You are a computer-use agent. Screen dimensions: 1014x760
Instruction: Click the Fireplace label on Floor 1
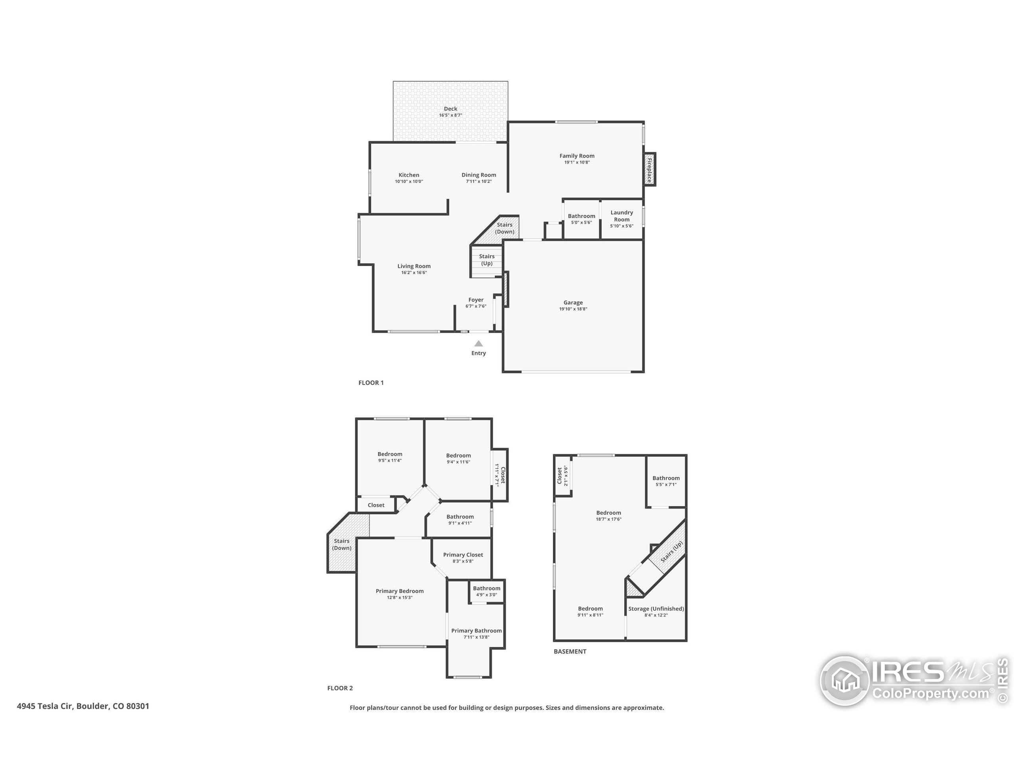click(x=649, y=169)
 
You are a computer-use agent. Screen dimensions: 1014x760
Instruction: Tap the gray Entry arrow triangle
click(x=478, y=343)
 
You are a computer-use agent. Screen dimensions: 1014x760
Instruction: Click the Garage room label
click(x=573, y=302)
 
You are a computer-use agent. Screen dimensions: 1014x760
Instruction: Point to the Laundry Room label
click(x=621, y=216)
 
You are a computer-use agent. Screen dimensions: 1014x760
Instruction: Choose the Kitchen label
click(x=409, y=175)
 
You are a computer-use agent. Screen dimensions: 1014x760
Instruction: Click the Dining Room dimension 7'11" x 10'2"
click(x=479, y=181)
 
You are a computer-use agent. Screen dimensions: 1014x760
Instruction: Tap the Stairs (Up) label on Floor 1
click(x=487, y=260)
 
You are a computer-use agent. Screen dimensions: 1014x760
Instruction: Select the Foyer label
click(x=476, y=300)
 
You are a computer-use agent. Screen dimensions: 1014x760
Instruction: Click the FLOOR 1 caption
click(x=371, y=382)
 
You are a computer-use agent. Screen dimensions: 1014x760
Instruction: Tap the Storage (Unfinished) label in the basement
click(x=656, y=609)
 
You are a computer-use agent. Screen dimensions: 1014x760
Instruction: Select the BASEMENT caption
click(x=570, y=652)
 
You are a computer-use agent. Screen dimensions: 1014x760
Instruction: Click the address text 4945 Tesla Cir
click(x=45, y=706)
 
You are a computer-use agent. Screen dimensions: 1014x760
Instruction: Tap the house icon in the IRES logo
click(x=844, y=680)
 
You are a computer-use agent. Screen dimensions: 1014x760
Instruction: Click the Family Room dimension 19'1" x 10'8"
click(x=577, y=162)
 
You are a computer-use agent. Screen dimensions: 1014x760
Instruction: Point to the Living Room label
click(x=414, y=266)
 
